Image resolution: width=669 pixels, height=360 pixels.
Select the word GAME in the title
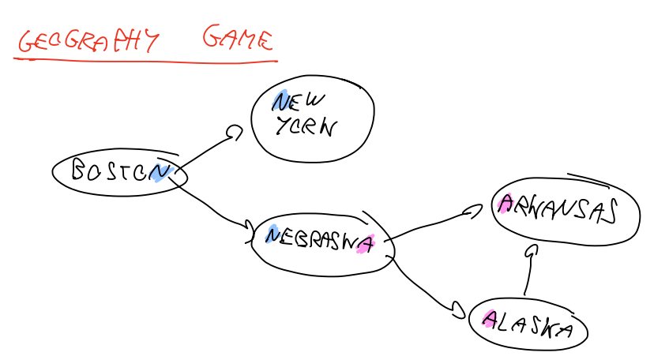point(238,38)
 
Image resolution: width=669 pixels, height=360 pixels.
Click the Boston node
point(117,171)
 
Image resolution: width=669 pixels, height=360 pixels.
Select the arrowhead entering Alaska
point(457,310)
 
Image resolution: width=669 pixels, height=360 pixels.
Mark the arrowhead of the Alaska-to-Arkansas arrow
point(532,251)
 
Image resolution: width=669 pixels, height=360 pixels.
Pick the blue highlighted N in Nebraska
point(272,234)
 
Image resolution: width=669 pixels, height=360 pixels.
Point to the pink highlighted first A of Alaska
point(490,319)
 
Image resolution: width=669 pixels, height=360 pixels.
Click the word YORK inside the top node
point(305,127)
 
